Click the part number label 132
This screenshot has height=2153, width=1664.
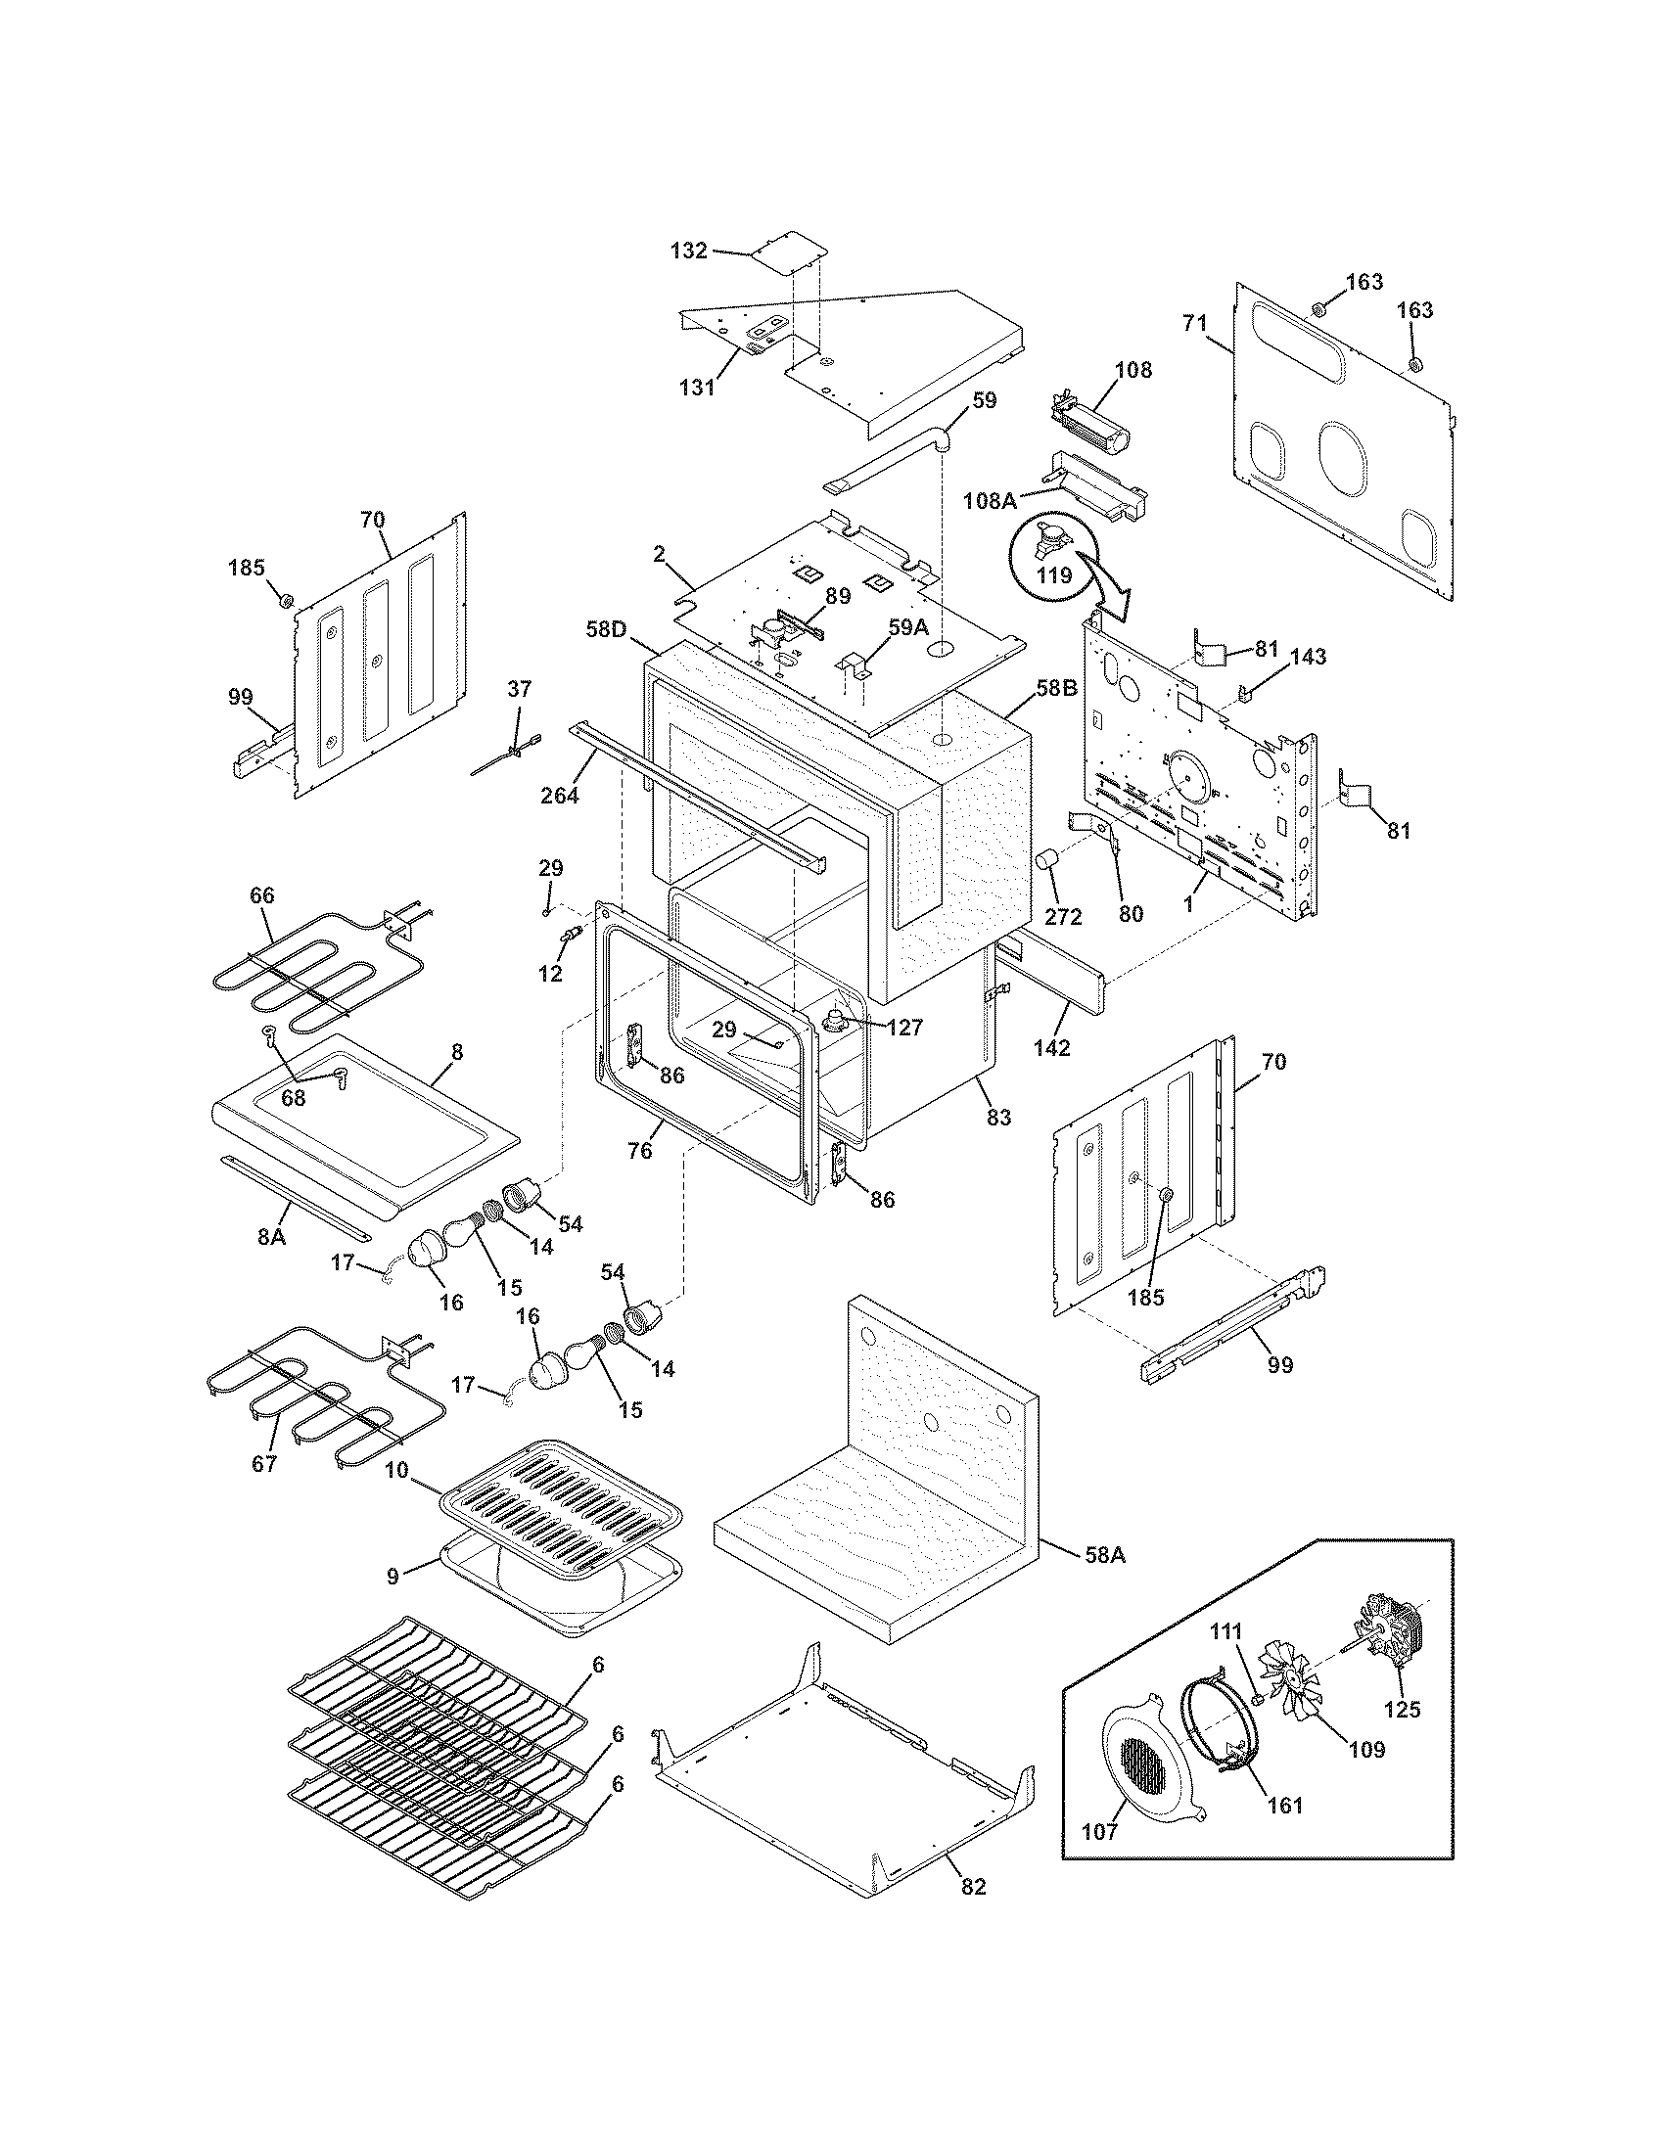688,251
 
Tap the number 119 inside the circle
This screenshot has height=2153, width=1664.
1054,573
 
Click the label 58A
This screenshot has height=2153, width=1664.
1104,1556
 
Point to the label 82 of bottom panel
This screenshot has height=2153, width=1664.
972,1887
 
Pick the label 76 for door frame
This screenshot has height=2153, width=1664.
640,1150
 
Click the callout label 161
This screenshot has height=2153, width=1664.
1283,1805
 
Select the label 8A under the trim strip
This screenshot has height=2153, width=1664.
271,1236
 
